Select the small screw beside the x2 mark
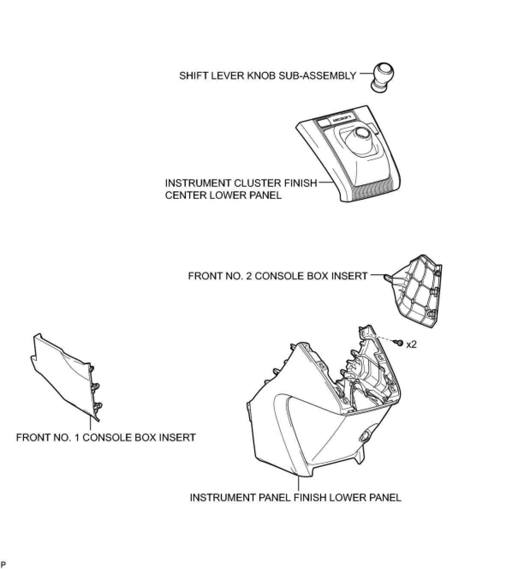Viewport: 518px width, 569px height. click(399, 343)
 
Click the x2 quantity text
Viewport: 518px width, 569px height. click(411, 344)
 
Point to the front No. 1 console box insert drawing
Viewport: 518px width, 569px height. click(64, 377)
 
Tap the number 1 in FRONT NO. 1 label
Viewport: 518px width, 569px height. click(75, 437)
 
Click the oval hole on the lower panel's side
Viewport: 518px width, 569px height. click(365, 437)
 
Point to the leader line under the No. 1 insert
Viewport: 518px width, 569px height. click(90, 424)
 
